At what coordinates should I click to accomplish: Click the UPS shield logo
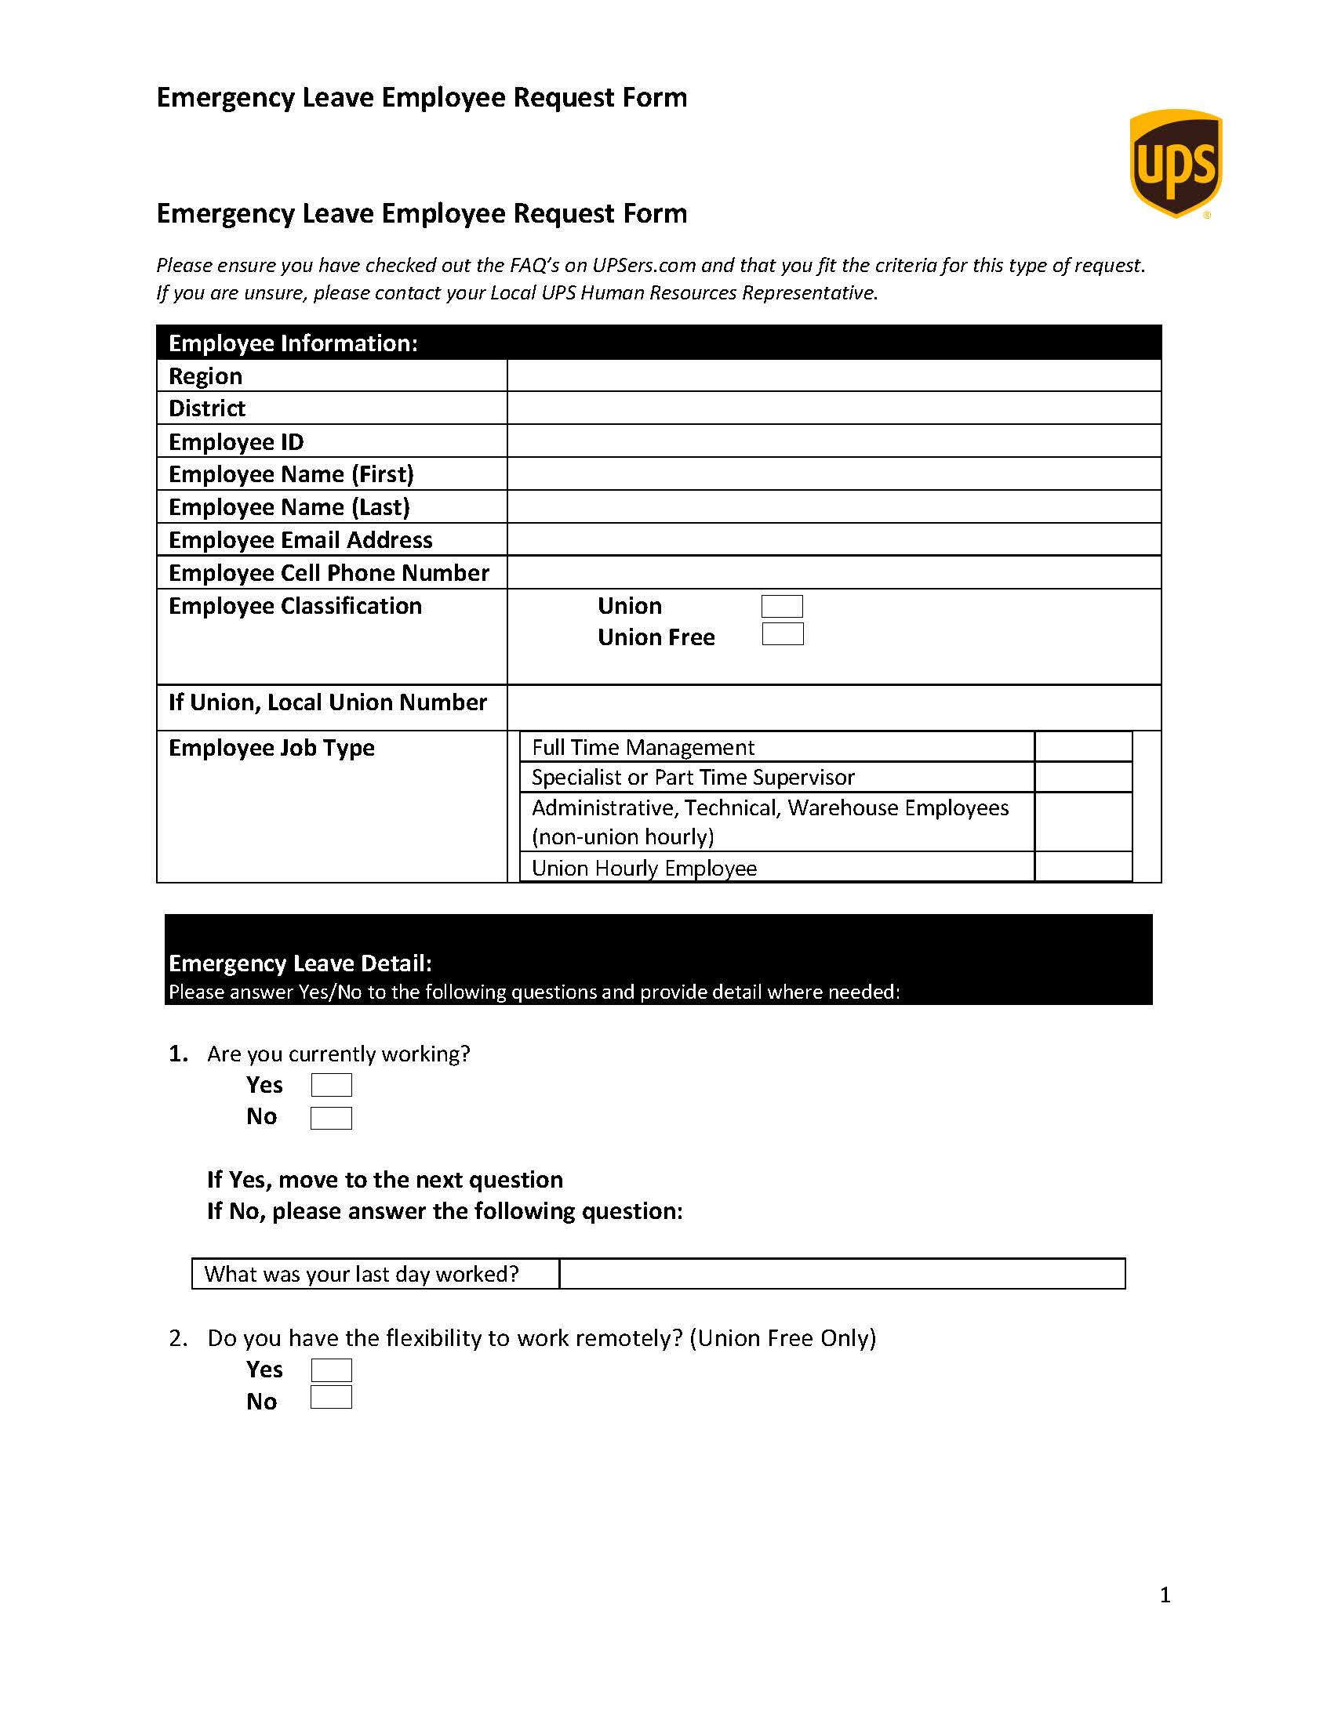click(x=1176, y=163)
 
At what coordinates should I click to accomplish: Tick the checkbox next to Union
click(x=782, y=606)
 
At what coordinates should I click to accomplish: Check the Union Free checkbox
click(x=782, y=634)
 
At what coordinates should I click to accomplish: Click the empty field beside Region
click(x=834, y=375)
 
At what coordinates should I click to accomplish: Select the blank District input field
click(x=834, y=408)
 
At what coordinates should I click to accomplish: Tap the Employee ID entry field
click(x=834, y=441)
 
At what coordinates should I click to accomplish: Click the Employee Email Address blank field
click(x=834, y=540)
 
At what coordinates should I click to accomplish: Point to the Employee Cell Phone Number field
click(x=834, y=573)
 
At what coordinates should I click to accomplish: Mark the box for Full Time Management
click(x=1082, y=746)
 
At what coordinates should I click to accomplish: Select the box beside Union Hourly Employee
click(x=1082, y=867)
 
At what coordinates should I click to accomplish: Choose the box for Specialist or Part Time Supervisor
click(x=1082, y=777)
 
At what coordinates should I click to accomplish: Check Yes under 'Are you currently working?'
click(x=331, y=1085)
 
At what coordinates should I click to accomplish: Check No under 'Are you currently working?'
click(x=331, y=1118)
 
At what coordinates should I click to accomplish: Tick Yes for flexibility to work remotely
click(x=331, y=1370)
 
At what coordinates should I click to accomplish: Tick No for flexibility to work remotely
click(x=331, y=1398)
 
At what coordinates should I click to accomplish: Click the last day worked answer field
click(x=842, y=1274)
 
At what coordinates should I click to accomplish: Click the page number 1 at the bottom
click(x=1165, y=1594)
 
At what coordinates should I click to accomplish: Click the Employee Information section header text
click(x=293, y=343)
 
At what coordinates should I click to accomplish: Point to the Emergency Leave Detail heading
click(x=300, y=963)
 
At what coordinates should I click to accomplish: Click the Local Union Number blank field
click(x=834, y=707)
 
